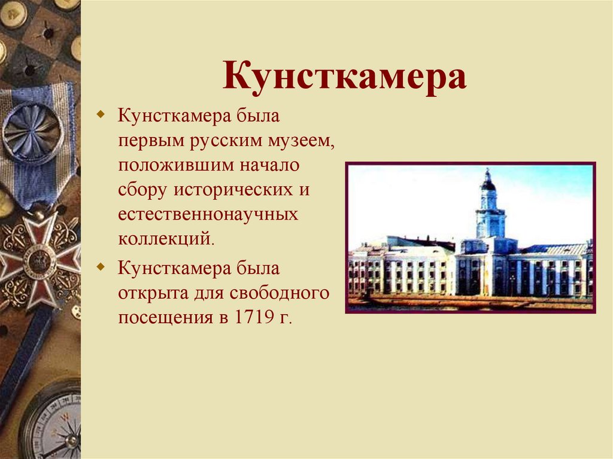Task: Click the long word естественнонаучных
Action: pos(208,214)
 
